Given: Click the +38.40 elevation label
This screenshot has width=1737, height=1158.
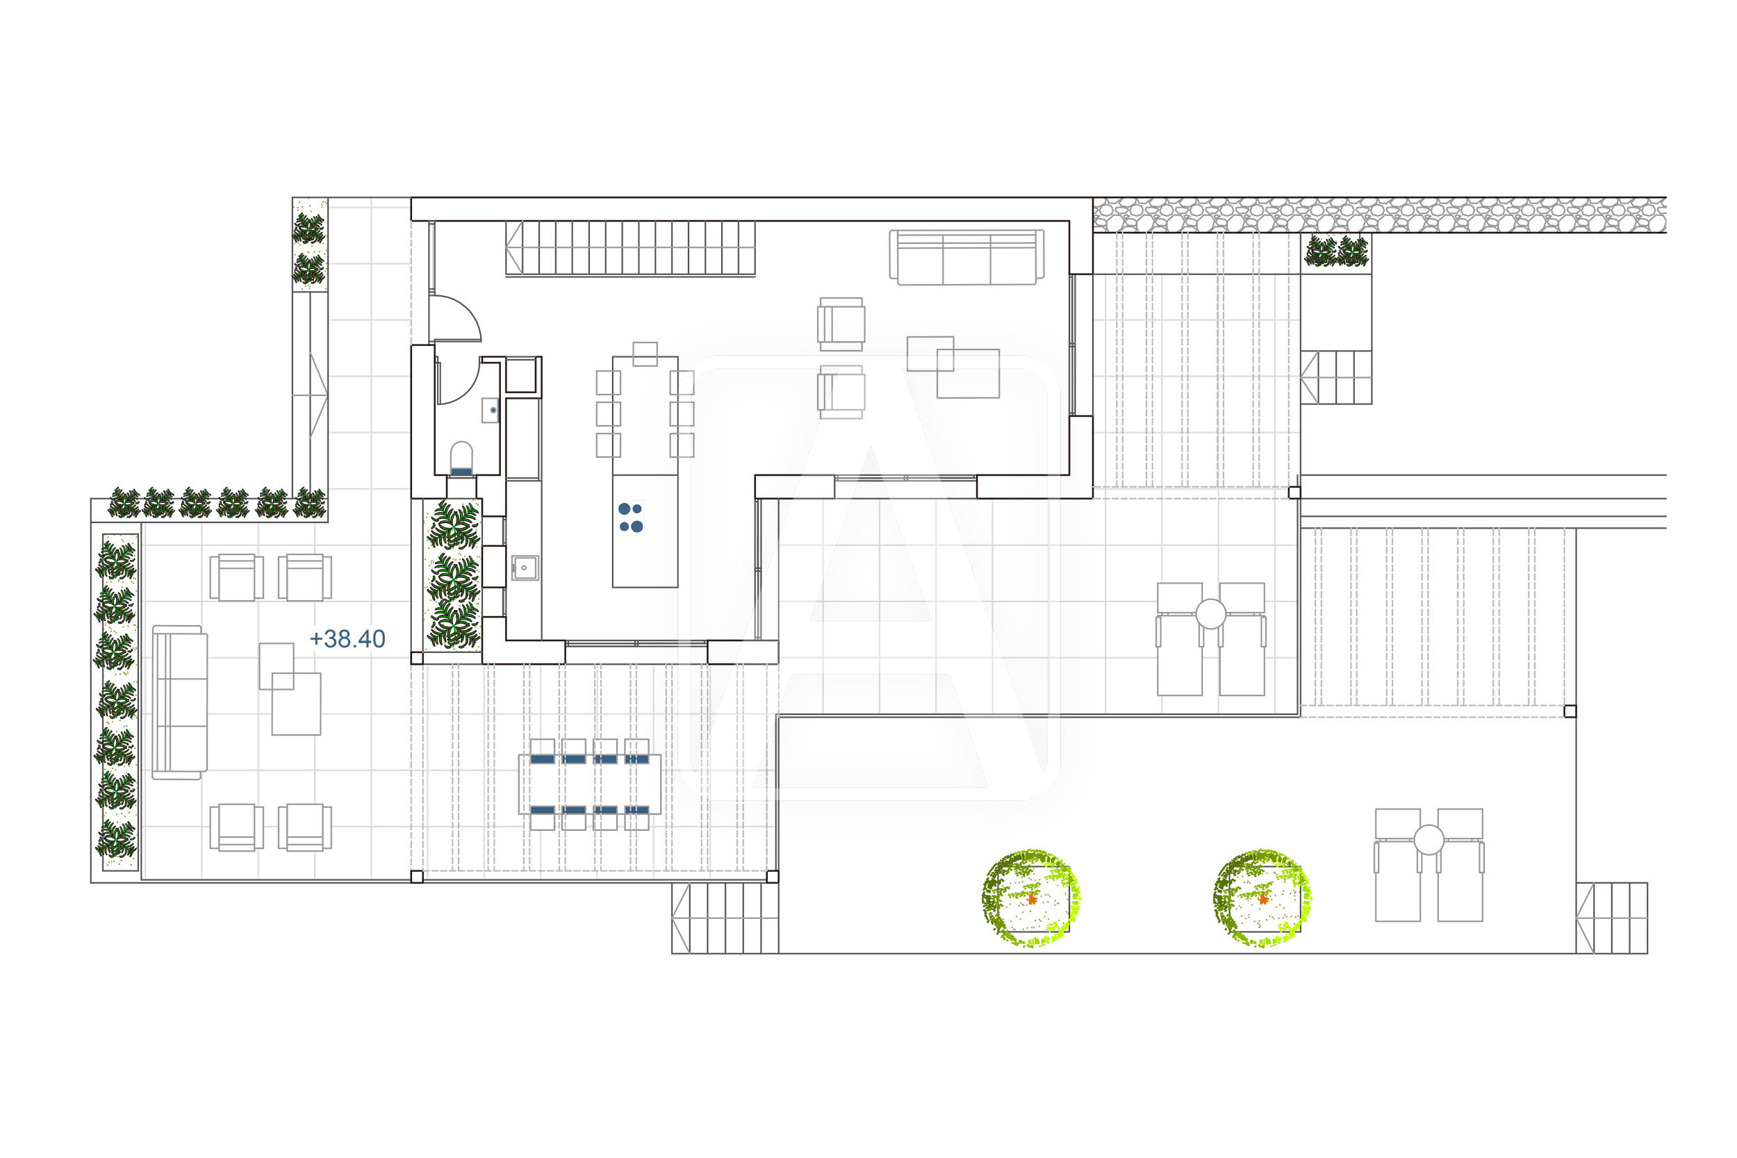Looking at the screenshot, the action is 347,639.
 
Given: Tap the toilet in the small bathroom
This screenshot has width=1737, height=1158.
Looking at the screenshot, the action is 461,458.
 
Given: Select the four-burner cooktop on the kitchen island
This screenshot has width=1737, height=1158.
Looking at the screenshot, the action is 631,518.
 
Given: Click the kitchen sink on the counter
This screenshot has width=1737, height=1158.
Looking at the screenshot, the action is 525,568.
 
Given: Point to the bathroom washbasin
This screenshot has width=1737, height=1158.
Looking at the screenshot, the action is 491,410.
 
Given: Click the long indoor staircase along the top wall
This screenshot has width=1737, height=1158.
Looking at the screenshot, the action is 630,249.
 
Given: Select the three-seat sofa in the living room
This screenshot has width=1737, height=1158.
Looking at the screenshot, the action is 966,257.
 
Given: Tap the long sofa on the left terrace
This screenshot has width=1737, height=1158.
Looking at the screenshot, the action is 179,702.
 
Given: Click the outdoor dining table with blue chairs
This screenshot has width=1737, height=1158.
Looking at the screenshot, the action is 589,784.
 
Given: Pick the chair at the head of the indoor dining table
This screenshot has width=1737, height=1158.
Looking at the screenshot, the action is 645,354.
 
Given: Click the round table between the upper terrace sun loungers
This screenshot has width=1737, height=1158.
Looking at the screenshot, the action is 1210,613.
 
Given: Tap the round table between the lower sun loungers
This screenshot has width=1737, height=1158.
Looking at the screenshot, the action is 1429,840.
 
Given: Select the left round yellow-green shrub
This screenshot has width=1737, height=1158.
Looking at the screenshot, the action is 1030,898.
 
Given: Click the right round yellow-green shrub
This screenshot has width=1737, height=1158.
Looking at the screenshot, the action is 1262,898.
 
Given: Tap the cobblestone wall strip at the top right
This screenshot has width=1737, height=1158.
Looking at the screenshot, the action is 1380,215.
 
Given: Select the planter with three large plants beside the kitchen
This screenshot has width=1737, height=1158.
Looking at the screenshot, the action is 454,575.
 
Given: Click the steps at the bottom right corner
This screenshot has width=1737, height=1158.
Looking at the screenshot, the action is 1611,918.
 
